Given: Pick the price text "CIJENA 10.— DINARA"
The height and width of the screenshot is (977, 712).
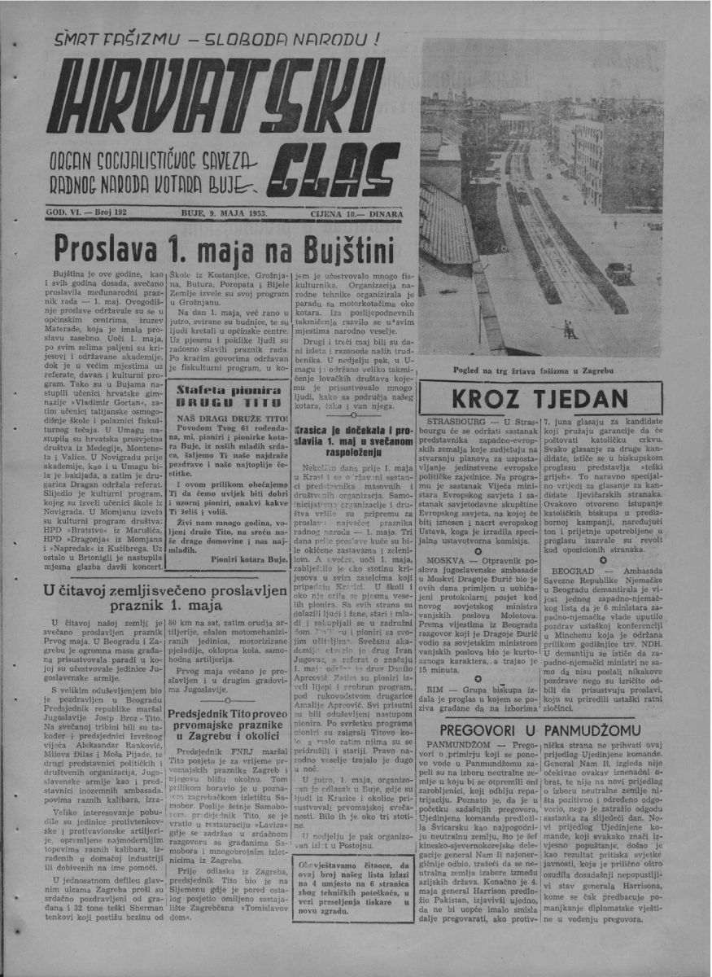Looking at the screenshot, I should pyautogui.click(x=356, y=214).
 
